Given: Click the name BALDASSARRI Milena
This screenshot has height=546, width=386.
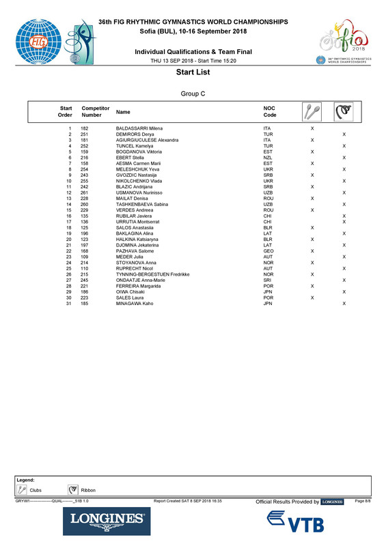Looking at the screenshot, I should click(139, 128).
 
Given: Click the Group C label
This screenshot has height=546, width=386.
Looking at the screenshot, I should click(193, 94).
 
